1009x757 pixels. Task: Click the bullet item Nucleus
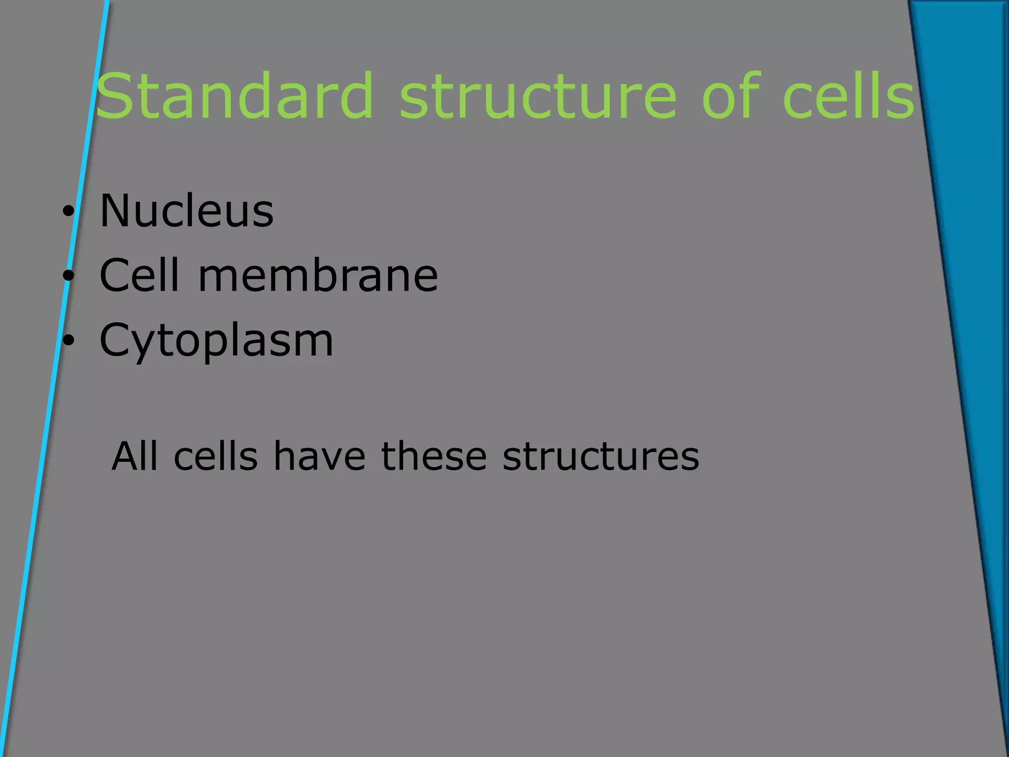pyautogui.click(x=186, y=211)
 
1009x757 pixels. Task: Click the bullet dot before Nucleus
pyautogui.click(x=68, y=212)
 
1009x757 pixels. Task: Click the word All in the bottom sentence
pyautogui.click(x=135, y=456)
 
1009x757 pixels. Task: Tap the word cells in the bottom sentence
pyautogui.click(x=216, y=456)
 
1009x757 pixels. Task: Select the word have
pyautogui.click(x=319, y=456)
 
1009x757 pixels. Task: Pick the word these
pyautogui.click(x=434, y=456)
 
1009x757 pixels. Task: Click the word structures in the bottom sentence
pyautogui.click(x=601, y=456)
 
